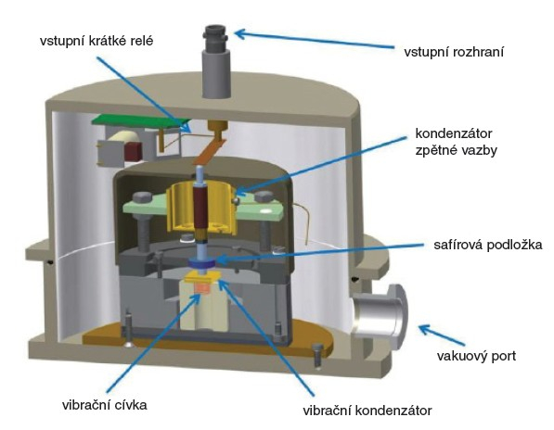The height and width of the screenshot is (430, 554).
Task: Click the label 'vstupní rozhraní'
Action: point(454,52)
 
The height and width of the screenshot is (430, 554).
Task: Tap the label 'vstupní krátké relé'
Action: point(97,41)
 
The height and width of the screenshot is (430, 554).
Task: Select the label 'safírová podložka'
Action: point(487,245)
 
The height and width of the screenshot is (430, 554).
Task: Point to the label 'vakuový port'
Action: point(476,356)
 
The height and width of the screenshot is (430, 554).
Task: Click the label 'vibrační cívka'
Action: point(105,405)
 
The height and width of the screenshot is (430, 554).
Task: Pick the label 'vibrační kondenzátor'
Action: point(367,411)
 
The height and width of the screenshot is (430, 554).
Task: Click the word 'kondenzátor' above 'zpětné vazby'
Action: point(454,133)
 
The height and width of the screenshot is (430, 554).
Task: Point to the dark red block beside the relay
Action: point(133,151)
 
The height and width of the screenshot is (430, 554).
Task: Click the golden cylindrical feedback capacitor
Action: point(200,209)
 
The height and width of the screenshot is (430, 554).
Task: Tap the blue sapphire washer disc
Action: point(201,263)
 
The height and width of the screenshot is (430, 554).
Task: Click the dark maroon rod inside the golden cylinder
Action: point(200,209)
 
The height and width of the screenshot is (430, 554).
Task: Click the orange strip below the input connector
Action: point(210,152)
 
